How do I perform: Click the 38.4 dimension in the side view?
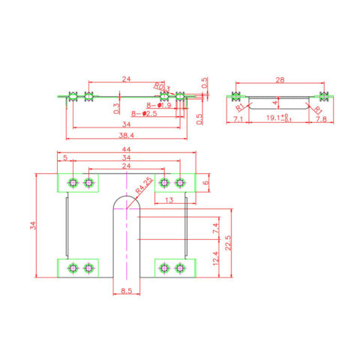(126, 136)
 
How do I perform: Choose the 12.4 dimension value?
(216, 259)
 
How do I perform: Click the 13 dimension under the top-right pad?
(171, 199)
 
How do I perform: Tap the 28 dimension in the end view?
(278, 79)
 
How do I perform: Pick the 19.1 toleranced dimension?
(278, 118)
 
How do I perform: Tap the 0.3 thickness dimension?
(116, 107)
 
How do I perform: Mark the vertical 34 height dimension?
(32, 226)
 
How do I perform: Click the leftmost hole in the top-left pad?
(73, 183)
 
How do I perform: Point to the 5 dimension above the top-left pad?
(66, 157)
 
